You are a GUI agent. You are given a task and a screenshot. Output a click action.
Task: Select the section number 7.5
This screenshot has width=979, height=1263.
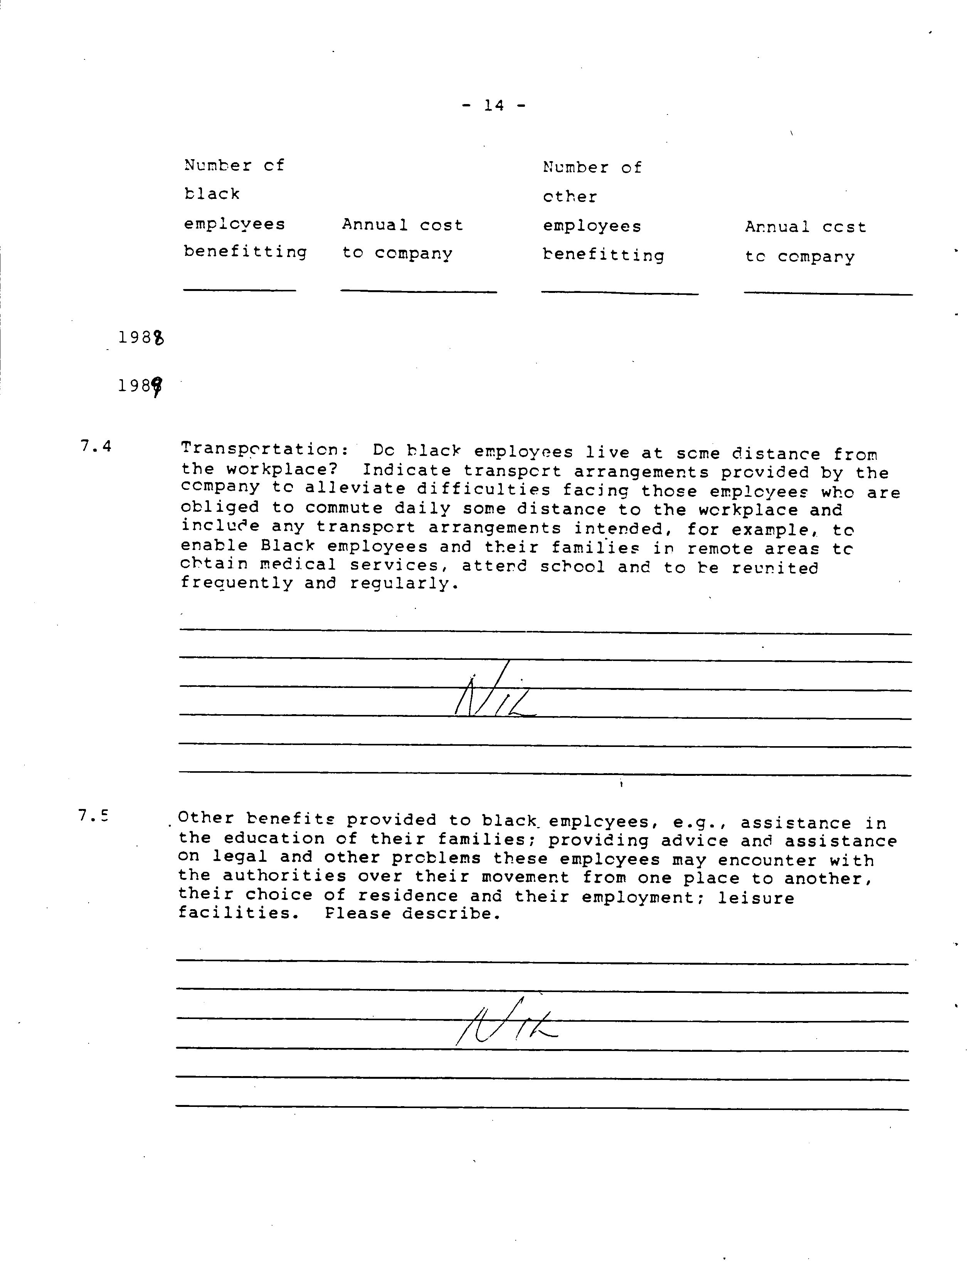(93, 816)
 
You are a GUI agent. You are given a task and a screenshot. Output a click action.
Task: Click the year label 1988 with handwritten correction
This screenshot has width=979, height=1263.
(141, 337)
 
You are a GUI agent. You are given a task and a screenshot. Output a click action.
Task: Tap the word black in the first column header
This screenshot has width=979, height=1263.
(212, 194)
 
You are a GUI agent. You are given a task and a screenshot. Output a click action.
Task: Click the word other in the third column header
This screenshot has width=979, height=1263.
(570, 197)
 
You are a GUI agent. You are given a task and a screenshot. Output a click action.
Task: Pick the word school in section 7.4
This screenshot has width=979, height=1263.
(572, 566)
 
